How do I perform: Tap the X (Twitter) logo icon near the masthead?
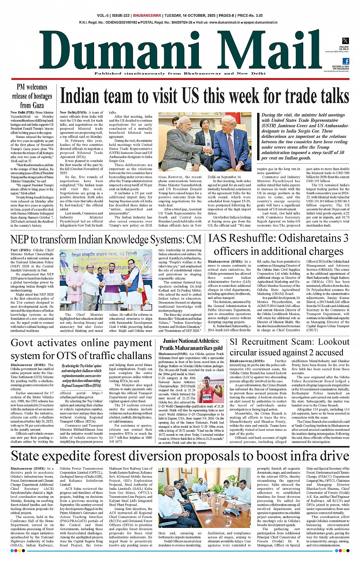coord(345,41)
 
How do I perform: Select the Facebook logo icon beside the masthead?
coord(346,61)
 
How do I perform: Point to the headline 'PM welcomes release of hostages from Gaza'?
coord(32,96)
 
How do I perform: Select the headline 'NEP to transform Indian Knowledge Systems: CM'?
coord(106,240)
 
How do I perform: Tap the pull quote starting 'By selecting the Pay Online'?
coord(82,376)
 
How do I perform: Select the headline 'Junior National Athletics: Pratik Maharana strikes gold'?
coord(191,344)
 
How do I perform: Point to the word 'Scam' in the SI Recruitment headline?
coord(298,342)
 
